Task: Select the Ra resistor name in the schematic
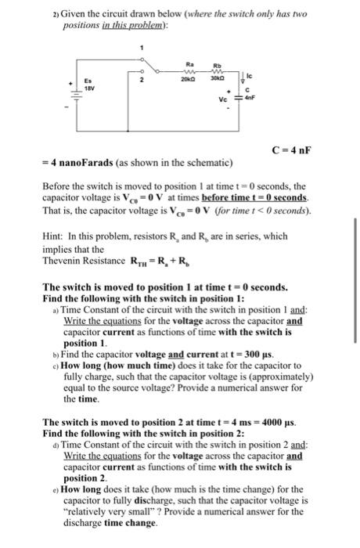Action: tap(188, 64)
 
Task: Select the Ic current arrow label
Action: tap(251, 76)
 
